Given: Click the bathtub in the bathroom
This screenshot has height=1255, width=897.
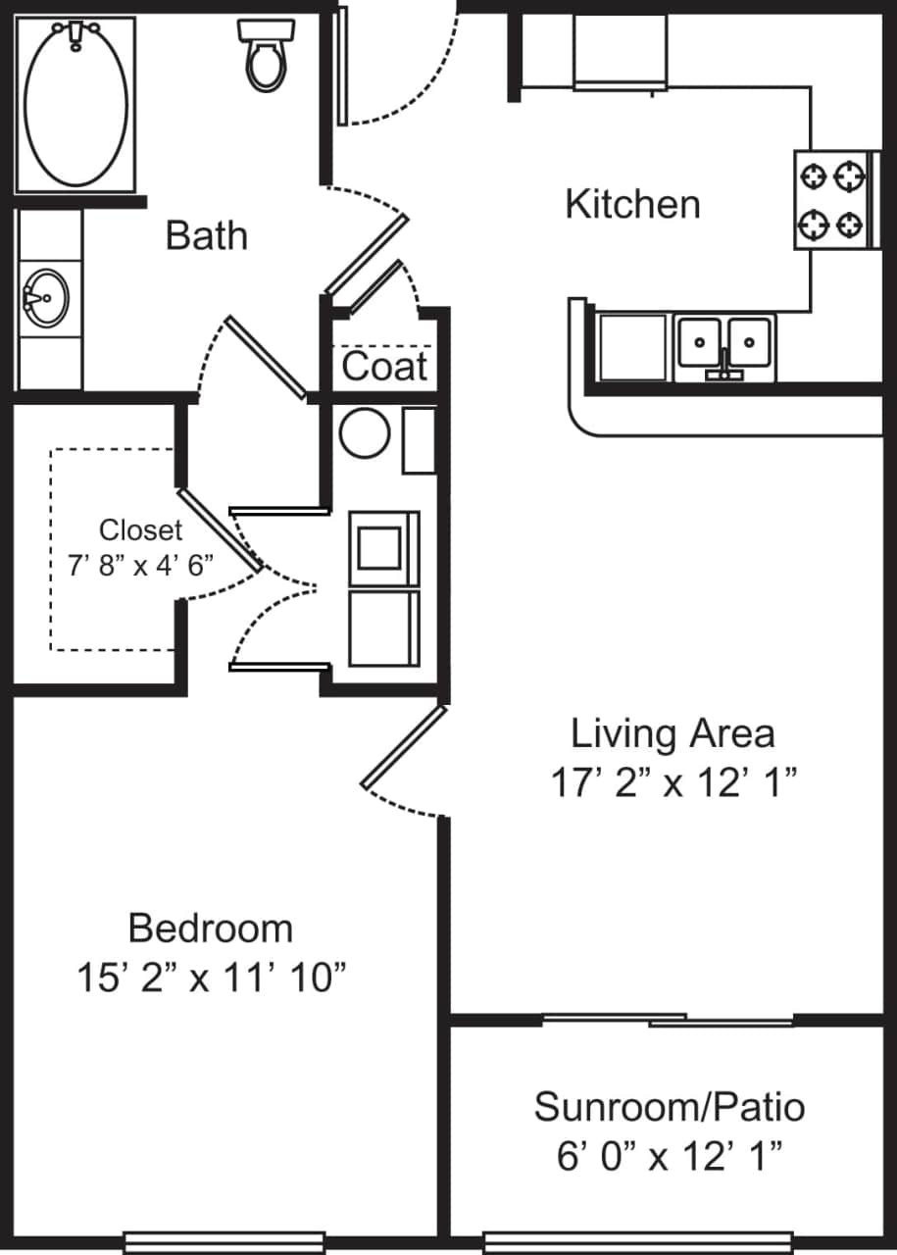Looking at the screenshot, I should click(75, 103).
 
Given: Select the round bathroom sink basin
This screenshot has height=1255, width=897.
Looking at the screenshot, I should click(43, 297).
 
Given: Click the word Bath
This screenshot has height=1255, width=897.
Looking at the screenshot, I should click(206, 236).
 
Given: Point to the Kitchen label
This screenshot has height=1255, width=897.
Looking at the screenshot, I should click(632, 205).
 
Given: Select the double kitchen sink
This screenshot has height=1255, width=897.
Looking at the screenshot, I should click(724, 345).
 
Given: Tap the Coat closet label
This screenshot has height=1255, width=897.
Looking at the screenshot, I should click(384, 368).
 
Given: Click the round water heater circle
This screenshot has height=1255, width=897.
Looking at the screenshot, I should click(365, 432).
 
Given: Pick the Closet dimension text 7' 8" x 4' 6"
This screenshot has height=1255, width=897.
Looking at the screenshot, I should click(141, 567).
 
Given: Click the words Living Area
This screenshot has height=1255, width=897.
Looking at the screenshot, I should click(673, 733).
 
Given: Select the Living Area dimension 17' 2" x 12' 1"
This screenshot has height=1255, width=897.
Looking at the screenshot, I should click(673, 783).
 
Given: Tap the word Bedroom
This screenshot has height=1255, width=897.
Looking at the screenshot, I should click(211, 928).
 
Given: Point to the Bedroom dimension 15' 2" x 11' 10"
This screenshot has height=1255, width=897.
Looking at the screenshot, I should click(211, 978).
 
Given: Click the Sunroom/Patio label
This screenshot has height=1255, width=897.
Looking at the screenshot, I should click(670, 1107).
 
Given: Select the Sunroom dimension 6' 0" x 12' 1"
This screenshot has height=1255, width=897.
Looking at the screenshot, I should click(670, 1157).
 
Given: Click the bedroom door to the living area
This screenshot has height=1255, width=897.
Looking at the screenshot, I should click(404, 747).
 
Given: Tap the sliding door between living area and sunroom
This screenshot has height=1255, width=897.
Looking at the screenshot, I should click(669, 1021).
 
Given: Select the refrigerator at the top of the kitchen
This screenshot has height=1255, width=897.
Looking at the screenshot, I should click(620, 51).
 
